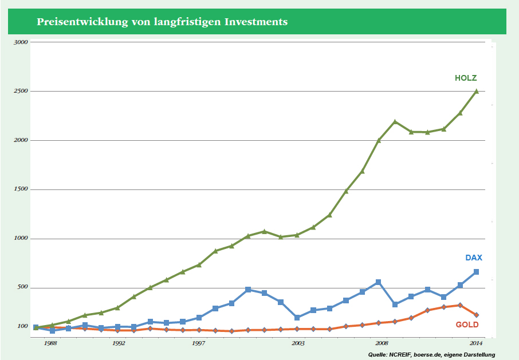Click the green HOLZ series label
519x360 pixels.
[466, 78]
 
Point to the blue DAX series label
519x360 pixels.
[473, 258]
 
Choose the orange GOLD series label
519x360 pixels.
[467, 325]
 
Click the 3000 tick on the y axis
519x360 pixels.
[21, 42]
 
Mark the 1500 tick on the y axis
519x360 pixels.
[21, 189]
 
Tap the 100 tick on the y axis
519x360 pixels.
[22, 326]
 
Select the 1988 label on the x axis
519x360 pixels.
[50, 343]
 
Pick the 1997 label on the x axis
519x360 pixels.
[198, 343]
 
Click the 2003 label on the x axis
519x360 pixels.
[298, 343]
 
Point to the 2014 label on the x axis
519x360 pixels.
[475, 343]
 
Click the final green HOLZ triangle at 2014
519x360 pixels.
[476, 91]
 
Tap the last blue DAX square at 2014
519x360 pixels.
[476, 272]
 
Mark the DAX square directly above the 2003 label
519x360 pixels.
[297, 317]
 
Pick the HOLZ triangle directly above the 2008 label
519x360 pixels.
[379, 140]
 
